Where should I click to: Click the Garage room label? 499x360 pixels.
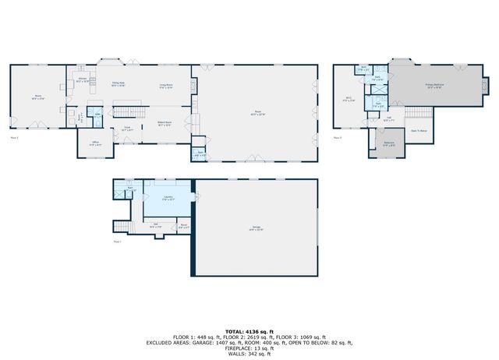coord(257,228)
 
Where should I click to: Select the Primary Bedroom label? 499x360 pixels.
coord(434,86)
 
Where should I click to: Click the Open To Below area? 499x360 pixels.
coord(419,130)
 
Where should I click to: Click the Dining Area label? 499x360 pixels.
coord(119,84)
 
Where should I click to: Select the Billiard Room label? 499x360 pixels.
coord(165,123)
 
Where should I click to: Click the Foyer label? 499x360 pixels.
coord(126,129)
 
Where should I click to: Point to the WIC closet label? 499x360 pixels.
coord(349,99)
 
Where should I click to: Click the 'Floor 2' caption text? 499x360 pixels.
coord(14,137)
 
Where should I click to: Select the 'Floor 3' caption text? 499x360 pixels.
coord(338,137)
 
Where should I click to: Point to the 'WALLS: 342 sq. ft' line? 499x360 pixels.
coord(249,353)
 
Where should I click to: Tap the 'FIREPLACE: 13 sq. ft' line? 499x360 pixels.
coord(249,348)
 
